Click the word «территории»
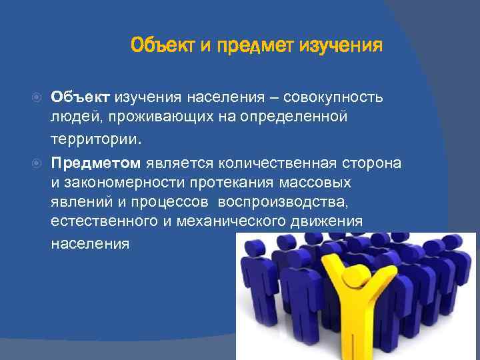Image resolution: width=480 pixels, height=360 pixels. pyautogui.click(x=94, y=141)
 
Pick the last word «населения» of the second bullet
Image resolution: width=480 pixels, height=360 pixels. pyautogui.click(x=90, y=243)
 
